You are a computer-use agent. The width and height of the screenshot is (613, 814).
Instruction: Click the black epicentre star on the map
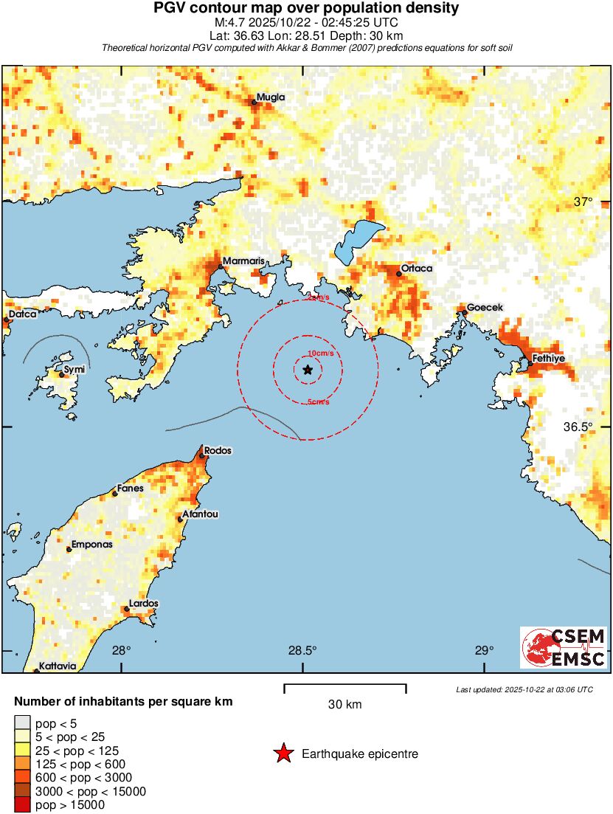[x=308, y=370]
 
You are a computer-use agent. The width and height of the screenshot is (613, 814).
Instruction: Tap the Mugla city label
[x=270, y=97]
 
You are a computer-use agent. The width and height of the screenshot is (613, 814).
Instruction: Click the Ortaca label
[x=417, y=269]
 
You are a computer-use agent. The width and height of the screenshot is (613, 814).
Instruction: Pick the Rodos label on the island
[x=218, y=450]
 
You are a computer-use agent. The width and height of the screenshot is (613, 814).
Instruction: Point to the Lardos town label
[x=143, y=604]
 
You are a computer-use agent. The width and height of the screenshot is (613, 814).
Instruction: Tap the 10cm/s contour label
[x=320, y=353]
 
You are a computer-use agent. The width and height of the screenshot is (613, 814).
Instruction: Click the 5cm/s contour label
[x=318, y=402]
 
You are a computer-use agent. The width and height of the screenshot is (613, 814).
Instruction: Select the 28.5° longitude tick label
[x=302, y=651]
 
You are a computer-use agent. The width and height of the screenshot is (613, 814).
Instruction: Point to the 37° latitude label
[x=583, y=202]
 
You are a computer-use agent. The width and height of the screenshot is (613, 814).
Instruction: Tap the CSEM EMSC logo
[x=564, y=647]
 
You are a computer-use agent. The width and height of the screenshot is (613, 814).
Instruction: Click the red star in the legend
[x=283, y=753]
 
